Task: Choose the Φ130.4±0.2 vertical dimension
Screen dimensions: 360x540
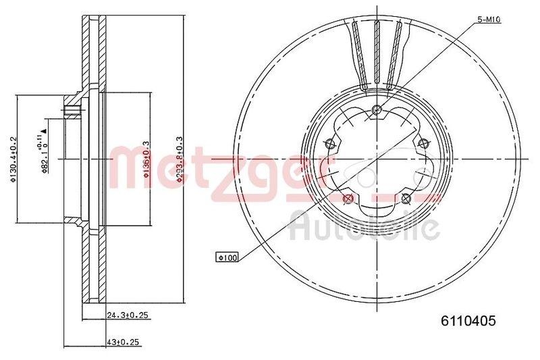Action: point(12,159)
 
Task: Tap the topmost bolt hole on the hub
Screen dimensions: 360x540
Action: point(377,111)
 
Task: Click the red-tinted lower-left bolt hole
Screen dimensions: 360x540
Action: point(348,199)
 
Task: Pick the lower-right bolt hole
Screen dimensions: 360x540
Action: point(405,198)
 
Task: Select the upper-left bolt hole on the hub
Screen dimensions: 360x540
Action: point(330,143)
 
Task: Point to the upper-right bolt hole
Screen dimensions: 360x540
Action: point(424,143)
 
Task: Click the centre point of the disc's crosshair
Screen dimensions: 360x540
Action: point(377,159)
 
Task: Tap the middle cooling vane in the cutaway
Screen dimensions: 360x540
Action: point(377,54)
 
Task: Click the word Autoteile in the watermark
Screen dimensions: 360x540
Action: point(364,226)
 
